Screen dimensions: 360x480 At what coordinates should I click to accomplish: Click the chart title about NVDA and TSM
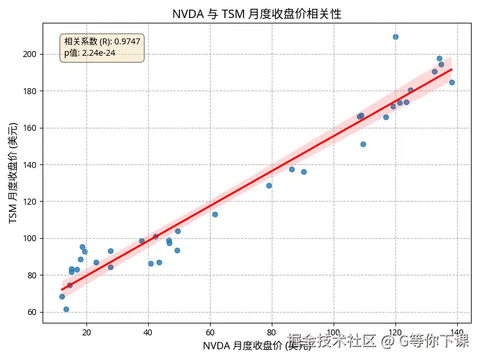[256, 14]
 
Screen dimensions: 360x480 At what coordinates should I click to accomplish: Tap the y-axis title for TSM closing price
[13, 173]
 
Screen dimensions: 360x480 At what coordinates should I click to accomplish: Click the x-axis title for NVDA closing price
[257, 346]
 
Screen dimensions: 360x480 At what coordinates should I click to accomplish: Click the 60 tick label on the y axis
[32, 312]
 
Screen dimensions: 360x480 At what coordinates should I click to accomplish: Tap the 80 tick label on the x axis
[272, 332]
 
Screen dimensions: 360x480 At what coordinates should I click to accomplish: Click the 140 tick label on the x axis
[457, 332]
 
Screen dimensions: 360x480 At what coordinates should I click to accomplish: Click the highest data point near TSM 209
[395, 37]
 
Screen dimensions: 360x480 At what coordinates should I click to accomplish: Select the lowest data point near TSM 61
[66, 309]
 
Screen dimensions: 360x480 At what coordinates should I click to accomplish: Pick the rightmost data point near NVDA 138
[452, 82]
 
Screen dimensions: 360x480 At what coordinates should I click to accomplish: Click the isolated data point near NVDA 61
[215, 214]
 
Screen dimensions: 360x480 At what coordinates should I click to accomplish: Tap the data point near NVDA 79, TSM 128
[269, 185]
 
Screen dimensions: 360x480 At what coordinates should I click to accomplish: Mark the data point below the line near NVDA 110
[363, 144]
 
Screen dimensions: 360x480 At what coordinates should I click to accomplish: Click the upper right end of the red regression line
[451, 70]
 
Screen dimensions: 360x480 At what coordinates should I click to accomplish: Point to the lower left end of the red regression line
[62, 289]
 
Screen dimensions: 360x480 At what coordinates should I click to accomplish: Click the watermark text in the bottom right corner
[378, 341]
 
